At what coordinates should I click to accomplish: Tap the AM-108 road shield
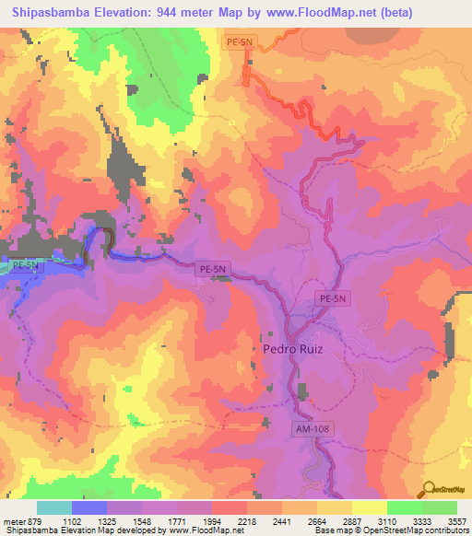click(x=313, y=428)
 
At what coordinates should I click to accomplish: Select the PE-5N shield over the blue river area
click(x=28, y=265)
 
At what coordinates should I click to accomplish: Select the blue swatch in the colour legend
click(x=89, y=507)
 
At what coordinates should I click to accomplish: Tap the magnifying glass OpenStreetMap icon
click(x=430, y=490)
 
